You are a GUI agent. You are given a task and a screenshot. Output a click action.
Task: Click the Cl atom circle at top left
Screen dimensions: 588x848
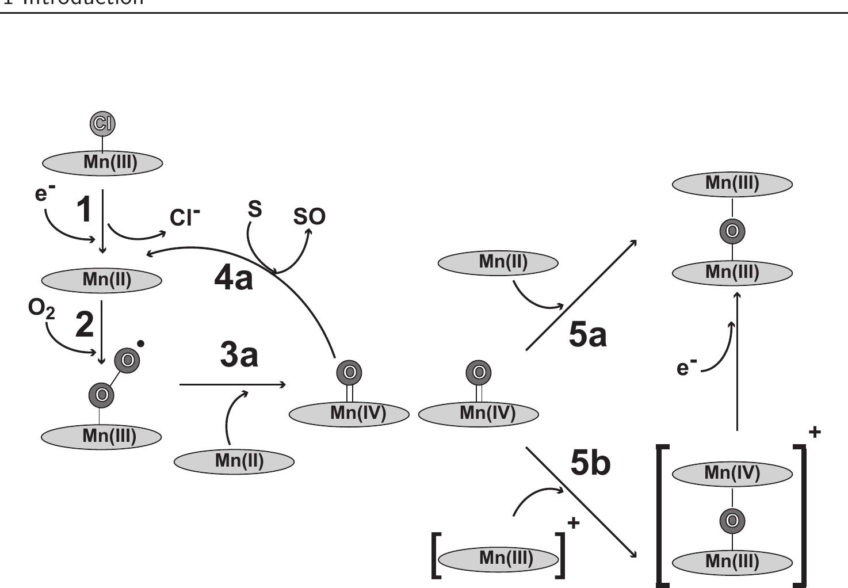[x=102, y=123]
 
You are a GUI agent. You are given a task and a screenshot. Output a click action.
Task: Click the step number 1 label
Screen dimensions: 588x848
[x=85, y=209]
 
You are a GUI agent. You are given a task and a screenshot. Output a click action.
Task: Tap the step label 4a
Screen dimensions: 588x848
[x=233, y=278]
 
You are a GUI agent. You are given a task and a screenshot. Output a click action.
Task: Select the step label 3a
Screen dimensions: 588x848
[x=239, y=354]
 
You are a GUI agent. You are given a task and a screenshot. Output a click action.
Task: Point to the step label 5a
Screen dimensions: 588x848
[x=587, y=335]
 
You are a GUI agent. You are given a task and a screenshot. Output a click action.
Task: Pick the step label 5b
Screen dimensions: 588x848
[x=590, y=463]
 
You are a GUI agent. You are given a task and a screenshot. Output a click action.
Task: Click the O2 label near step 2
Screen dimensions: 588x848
[x=41, y=310]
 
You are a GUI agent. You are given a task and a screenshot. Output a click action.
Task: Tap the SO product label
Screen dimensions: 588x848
[x=309, y=216]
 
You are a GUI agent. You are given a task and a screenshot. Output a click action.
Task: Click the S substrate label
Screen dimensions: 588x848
[x=255, y=209]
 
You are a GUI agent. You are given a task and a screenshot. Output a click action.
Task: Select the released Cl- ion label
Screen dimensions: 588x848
[x=185, y=217]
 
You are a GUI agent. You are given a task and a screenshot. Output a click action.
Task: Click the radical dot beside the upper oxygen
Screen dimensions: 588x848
[x=141, y=344]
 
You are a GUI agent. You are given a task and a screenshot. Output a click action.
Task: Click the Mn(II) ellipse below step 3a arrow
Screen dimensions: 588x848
[x=234, y=461]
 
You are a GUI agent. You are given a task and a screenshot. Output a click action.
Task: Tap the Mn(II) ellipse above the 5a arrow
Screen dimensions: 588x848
[x=498, y=262]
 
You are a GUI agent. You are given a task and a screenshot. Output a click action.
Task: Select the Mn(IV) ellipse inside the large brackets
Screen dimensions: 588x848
[x=732, y=474]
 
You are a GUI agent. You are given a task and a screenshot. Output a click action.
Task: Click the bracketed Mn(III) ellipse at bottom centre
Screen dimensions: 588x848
[x=498, y=558]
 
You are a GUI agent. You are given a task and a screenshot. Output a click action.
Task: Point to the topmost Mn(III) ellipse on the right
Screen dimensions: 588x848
[x=732, y=184]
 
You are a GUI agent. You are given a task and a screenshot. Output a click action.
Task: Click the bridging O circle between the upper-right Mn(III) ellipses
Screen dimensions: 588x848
[x=732, y=231]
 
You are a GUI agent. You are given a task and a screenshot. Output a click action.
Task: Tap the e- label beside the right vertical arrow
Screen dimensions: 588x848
[x=686, y=367]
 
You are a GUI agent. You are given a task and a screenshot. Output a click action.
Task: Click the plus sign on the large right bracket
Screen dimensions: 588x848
[x=815, y=432]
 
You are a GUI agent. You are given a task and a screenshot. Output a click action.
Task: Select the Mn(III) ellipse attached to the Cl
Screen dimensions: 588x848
[x=102, y=163]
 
